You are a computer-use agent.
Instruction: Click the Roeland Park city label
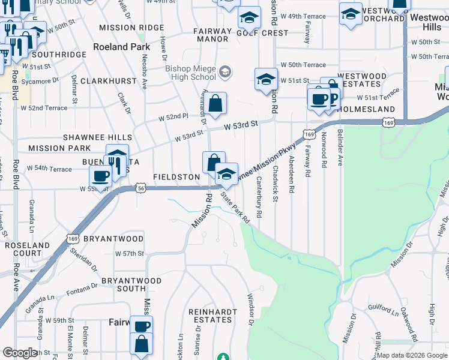[121, 47]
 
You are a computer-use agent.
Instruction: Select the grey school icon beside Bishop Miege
[225, 73]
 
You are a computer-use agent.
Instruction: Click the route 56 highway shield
[141, 188]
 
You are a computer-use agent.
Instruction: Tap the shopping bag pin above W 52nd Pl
[216, 103]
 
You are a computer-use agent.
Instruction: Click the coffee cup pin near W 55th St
[101, 175]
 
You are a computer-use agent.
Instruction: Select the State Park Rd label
[234, 207]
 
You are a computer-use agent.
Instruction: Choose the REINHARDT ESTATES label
[209, 316]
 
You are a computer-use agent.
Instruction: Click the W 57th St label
[130, 254]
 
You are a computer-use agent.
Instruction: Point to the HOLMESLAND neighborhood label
[366, 110]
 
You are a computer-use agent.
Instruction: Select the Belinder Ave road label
[340, 146]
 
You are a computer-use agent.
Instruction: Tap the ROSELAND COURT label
[28, 250]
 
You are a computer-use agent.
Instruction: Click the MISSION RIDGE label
[131, 28]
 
